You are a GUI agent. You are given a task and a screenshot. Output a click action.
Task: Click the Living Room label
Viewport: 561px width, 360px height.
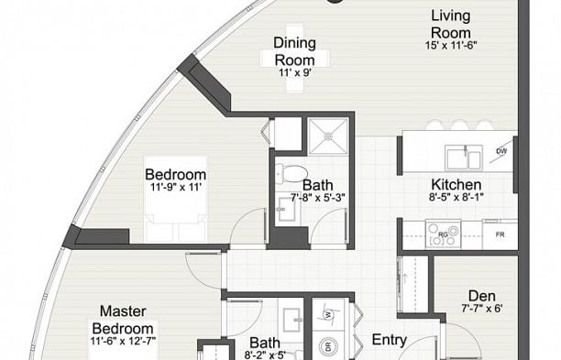(450, 25)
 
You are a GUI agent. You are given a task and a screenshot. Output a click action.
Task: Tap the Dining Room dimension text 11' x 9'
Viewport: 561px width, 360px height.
(295, 72)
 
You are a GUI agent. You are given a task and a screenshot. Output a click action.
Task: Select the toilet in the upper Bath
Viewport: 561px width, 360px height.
(291, 172)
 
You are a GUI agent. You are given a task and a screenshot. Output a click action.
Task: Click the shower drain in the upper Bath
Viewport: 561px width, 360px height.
(328, 136)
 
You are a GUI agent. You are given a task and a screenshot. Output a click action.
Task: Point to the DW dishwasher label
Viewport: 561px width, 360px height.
(501, 151)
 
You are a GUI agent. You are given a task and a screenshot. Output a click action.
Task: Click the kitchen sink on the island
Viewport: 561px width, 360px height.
(464, 158)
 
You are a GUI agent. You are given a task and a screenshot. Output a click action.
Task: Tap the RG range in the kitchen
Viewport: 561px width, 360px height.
(443, 235)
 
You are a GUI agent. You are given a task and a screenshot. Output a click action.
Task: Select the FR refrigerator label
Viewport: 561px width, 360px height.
(500, 235)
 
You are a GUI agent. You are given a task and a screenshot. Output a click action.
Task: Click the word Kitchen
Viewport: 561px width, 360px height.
(456, 184)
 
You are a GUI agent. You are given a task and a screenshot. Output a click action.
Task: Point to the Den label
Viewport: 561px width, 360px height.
(482, 296)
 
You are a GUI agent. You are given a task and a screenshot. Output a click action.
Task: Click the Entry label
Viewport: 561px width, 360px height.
(390, 340)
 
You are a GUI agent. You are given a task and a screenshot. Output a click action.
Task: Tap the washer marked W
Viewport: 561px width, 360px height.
(327, 314)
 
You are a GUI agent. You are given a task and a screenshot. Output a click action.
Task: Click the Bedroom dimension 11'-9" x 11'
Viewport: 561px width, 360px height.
(176, 187)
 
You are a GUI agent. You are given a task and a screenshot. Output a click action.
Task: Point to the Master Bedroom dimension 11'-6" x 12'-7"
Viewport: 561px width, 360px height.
(123, 341)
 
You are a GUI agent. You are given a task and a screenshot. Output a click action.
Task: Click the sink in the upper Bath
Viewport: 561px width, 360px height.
(287, 208)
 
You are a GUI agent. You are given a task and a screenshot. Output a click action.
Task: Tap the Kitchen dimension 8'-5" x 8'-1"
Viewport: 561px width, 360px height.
(456, 197)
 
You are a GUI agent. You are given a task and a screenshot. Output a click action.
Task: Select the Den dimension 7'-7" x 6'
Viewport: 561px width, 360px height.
(482, 308)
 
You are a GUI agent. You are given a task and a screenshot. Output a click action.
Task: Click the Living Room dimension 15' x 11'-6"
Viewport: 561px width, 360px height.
(451, 46)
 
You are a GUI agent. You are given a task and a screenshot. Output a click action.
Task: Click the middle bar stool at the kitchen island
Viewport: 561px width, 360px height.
(458, 125)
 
